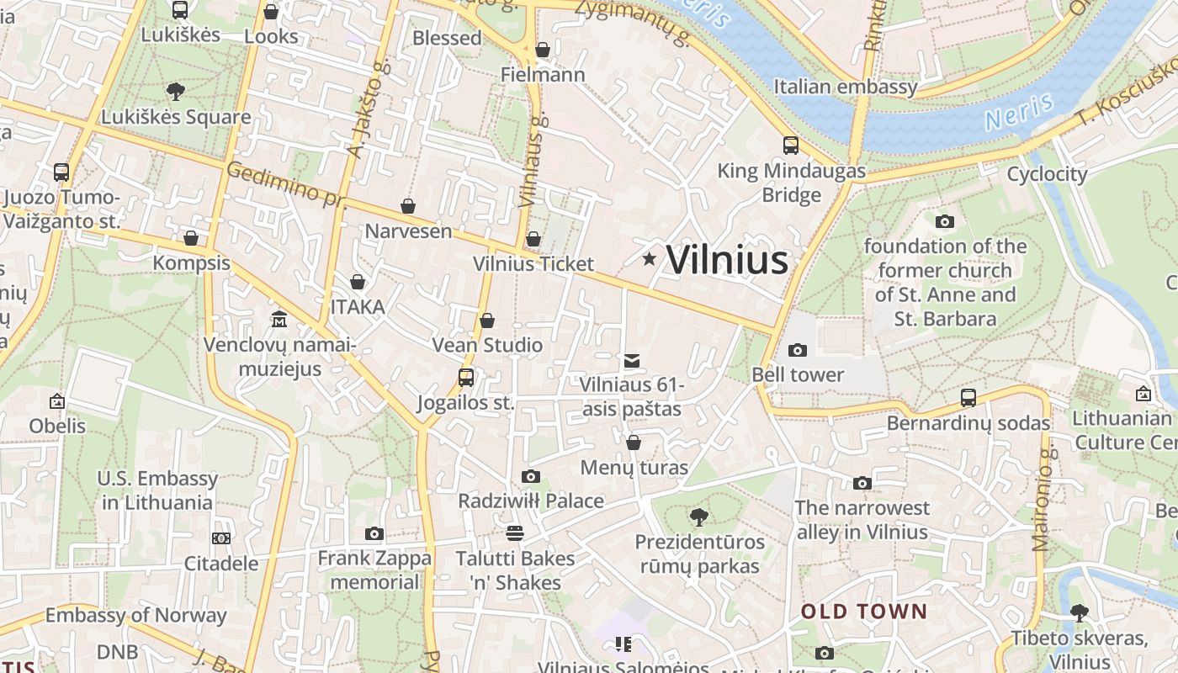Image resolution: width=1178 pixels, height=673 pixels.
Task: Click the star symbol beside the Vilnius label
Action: tap(649, 259)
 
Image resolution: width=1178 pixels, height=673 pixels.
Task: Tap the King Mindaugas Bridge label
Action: tap(791, 183)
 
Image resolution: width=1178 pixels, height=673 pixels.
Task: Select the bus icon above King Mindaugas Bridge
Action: tap(791, 146)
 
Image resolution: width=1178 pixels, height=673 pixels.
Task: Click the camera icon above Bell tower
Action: tap(797, 350)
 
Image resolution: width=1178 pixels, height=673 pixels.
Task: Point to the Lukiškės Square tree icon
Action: tap(176, 91)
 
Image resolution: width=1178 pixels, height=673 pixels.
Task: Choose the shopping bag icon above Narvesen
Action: tap(408, 206)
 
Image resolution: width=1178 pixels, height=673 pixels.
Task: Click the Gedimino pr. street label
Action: tap(286, 183)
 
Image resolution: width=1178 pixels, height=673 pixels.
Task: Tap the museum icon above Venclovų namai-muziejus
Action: tap(279, 320)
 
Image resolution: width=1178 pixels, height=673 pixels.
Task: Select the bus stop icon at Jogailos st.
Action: tap(466, 378)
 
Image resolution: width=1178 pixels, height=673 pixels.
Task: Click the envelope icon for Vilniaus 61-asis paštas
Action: tap(631, 361)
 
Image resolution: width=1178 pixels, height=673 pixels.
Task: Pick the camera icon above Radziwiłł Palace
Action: tap(530, 476)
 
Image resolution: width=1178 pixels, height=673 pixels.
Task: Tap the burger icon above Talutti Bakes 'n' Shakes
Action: tap(515, 533)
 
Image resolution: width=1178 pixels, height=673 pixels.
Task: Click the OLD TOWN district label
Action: tap(863, 612)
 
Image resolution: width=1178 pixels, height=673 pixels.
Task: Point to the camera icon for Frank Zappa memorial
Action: tap(374, 533)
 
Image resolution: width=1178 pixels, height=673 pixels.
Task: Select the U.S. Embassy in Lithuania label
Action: tap(157, 490)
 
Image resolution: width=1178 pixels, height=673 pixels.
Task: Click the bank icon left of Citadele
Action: tap(221, 538)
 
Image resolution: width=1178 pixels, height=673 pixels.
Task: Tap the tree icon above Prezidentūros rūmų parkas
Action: tap(698, 517)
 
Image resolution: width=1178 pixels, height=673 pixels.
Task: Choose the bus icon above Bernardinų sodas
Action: tap(968, 397)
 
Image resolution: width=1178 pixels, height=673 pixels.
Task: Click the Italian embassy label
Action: tap(845, 87)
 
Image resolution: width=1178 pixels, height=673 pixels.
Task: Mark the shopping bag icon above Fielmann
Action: tap(543, 50)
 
